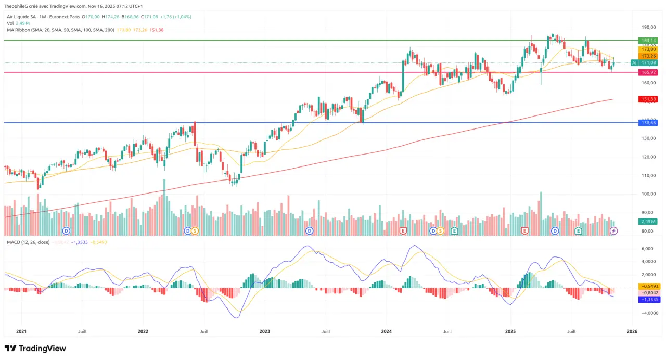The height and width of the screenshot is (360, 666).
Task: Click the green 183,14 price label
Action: coord(648,40)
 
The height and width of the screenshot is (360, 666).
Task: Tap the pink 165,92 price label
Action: coord(648,72)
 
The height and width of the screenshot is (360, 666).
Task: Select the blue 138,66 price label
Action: coord(648,123)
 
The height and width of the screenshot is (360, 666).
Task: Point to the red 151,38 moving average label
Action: coord(648,99)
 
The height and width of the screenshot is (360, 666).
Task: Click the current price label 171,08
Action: coord(648,62)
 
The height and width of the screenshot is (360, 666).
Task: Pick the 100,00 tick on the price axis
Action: coord(648,194)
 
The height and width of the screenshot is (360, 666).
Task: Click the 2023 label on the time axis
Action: coord(264,331)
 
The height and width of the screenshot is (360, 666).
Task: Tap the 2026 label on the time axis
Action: coord(632,331)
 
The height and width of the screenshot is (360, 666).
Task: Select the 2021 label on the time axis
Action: coord(21,331)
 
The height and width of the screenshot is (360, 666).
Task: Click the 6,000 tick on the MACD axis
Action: coord(648,249)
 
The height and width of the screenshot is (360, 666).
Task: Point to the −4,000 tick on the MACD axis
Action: coord(647,313)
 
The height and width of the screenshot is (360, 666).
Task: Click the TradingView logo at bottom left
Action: coord(35,348)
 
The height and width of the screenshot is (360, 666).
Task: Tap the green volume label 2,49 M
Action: coord(648,221)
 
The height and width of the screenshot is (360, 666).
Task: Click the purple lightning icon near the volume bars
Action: coord(613,230)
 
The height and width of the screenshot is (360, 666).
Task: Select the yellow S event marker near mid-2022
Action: coord(195,230)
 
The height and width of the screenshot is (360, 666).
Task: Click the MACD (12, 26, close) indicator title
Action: coord(29,242)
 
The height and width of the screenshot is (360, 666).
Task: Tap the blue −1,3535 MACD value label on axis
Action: coord(648,300)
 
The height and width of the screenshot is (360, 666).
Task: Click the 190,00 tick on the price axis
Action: coord(648,27)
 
